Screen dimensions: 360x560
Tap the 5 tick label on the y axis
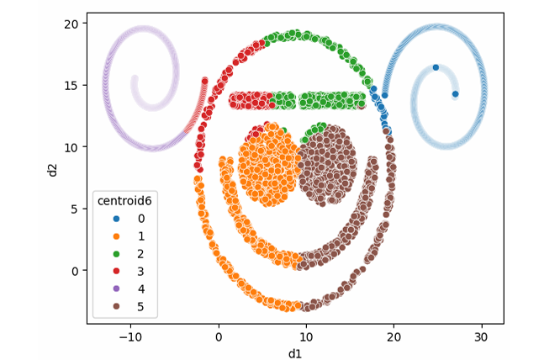(77, 209)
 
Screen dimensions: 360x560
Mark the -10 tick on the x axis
(131, 336)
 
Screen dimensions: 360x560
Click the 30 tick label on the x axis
(480, 336)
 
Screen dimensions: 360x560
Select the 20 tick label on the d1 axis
(393, 336)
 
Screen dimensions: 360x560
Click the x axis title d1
(295, 352)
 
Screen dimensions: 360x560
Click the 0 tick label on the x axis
(219, 336)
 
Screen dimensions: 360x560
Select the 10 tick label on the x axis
(306, 336)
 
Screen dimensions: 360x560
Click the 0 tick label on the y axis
(77, 270)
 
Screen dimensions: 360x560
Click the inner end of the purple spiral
(135, 79)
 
